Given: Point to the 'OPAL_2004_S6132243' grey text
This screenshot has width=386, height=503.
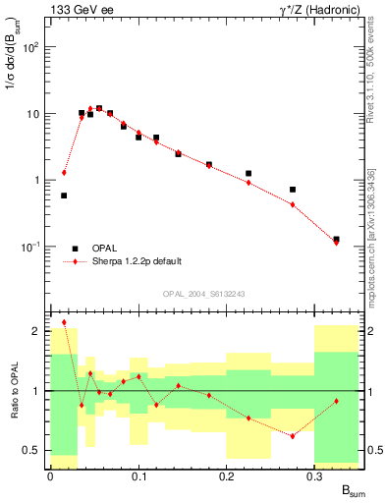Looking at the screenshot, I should tap(203, 294).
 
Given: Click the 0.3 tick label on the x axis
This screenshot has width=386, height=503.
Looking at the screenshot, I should tap(314, 475).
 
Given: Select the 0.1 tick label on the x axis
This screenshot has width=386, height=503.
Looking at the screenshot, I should tap(138, 475).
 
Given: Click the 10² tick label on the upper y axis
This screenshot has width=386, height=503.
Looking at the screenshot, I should tap(29, 47).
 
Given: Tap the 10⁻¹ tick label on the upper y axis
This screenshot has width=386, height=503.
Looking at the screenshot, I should tap(29, 247).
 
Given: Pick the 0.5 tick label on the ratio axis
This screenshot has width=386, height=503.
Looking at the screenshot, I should tap(31, 450).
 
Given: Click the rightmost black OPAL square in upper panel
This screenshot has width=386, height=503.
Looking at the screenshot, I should tap(336, 239).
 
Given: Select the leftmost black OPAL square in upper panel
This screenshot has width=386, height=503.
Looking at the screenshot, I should tap(64, 196).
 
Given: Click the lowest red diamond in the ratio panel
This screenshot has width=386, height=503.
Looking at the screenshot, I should tap(292, 436).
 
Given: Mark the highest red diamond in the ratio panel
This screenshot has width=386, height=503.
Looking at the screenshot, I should tap(64, 322).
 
